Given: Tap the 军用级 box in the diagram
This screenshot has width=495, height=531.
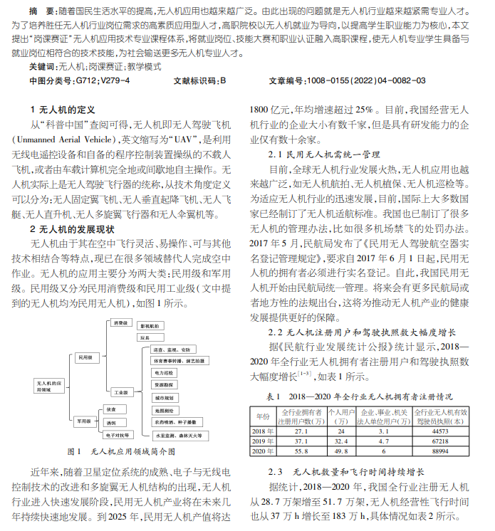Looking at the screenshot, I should [85, 421].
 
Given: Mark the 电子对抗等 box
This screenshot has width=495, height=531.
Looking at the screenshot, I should [119, 434].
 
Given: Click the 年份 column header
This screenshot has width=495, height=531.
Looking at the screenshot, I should [262, 416].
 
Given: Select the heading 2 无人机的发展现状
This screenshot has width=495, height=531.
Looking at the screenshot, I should [72, 229].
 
